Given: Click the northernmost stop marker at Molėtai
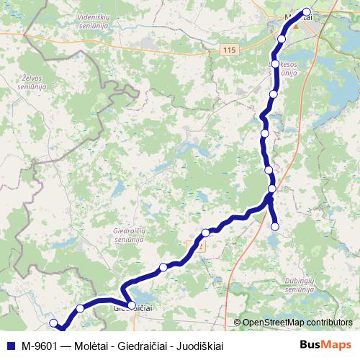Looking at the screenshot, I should tap(307, 12).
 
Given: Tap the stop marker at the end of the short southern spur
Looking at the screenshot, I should tap(274, 227).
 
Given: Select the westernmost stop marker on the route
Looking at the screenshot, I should tap(53, 323).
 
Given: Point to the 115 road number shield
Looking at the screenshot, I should tap(229, 49).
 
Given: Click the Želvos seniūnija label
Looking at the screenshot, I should tap(32, 82).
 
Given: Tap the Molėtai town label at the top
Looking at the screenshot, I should tap(295, 17).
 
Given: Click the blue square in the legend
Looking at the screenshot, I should tap(9, 346).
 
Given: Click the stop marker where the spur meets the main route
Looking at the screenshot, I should tap(271, 189).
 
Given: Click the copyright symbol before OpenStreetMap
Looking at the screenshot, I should tap(238, 323).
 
